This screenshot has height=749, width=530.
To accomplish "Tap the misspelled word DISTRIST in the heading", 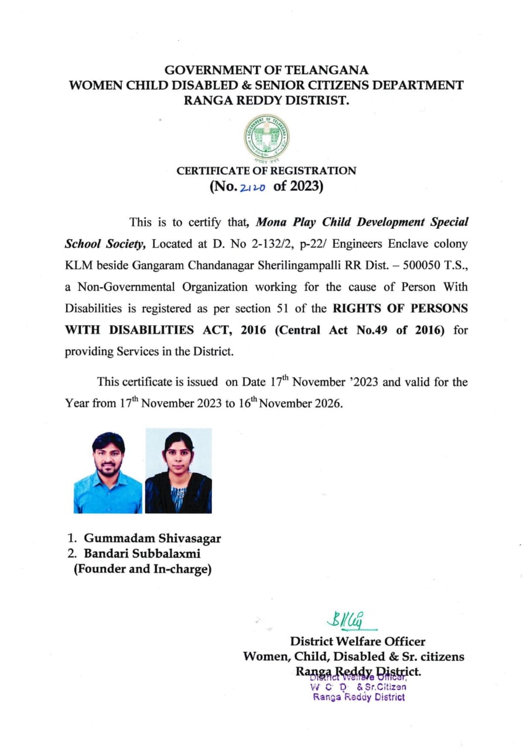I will tap(316, 100).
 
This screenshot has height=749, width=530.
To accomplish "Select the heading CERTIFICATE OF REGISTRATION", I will tap(266, 171).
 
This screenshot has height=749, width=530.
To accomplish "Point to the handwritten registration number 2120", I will tap(253, 188).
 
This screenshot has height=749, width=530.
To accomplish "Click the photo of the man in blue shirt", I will tap(108, 471).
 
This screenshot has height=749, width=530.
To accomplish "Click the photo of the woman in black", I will tap(179, 471).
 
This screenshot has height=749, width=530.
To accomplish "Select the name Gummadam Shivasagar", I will tap(152, 538).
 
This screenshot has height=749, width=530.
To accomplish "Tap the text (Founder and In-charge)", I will tap(142, 568).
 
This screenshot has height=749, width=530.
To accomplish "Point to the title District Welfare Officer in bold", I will tap(358, 641).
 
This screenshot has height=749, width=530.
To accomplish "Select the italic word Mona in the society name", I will tap(272, 222).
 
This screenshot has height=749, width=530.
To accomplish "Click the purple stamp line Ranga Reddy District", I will tap(358, 697).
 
